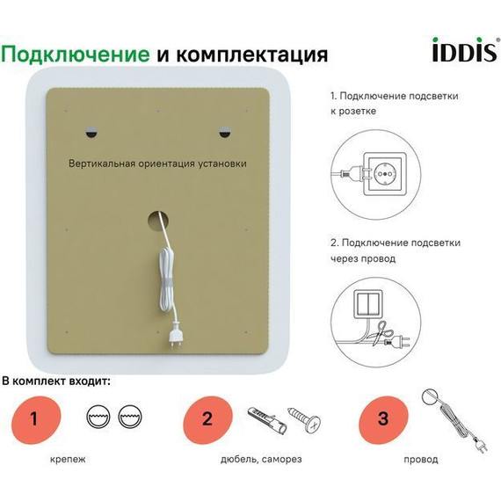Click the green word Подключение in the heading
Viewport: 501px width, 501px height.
pyautogui.click(x=76, y=54)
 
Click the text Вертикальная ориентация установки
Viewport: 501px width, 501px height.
pyautogui.click(x=158, y=163)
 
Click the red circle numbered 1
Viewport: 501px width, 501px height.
pyautogui.click(x=34, y=418)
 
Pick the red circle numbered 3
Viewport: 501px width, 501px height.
pyautogui.click(x=382, y=418)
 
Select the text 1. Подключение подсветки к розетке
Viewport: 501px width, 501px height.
pyautogui.click(x=394, y=103)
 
